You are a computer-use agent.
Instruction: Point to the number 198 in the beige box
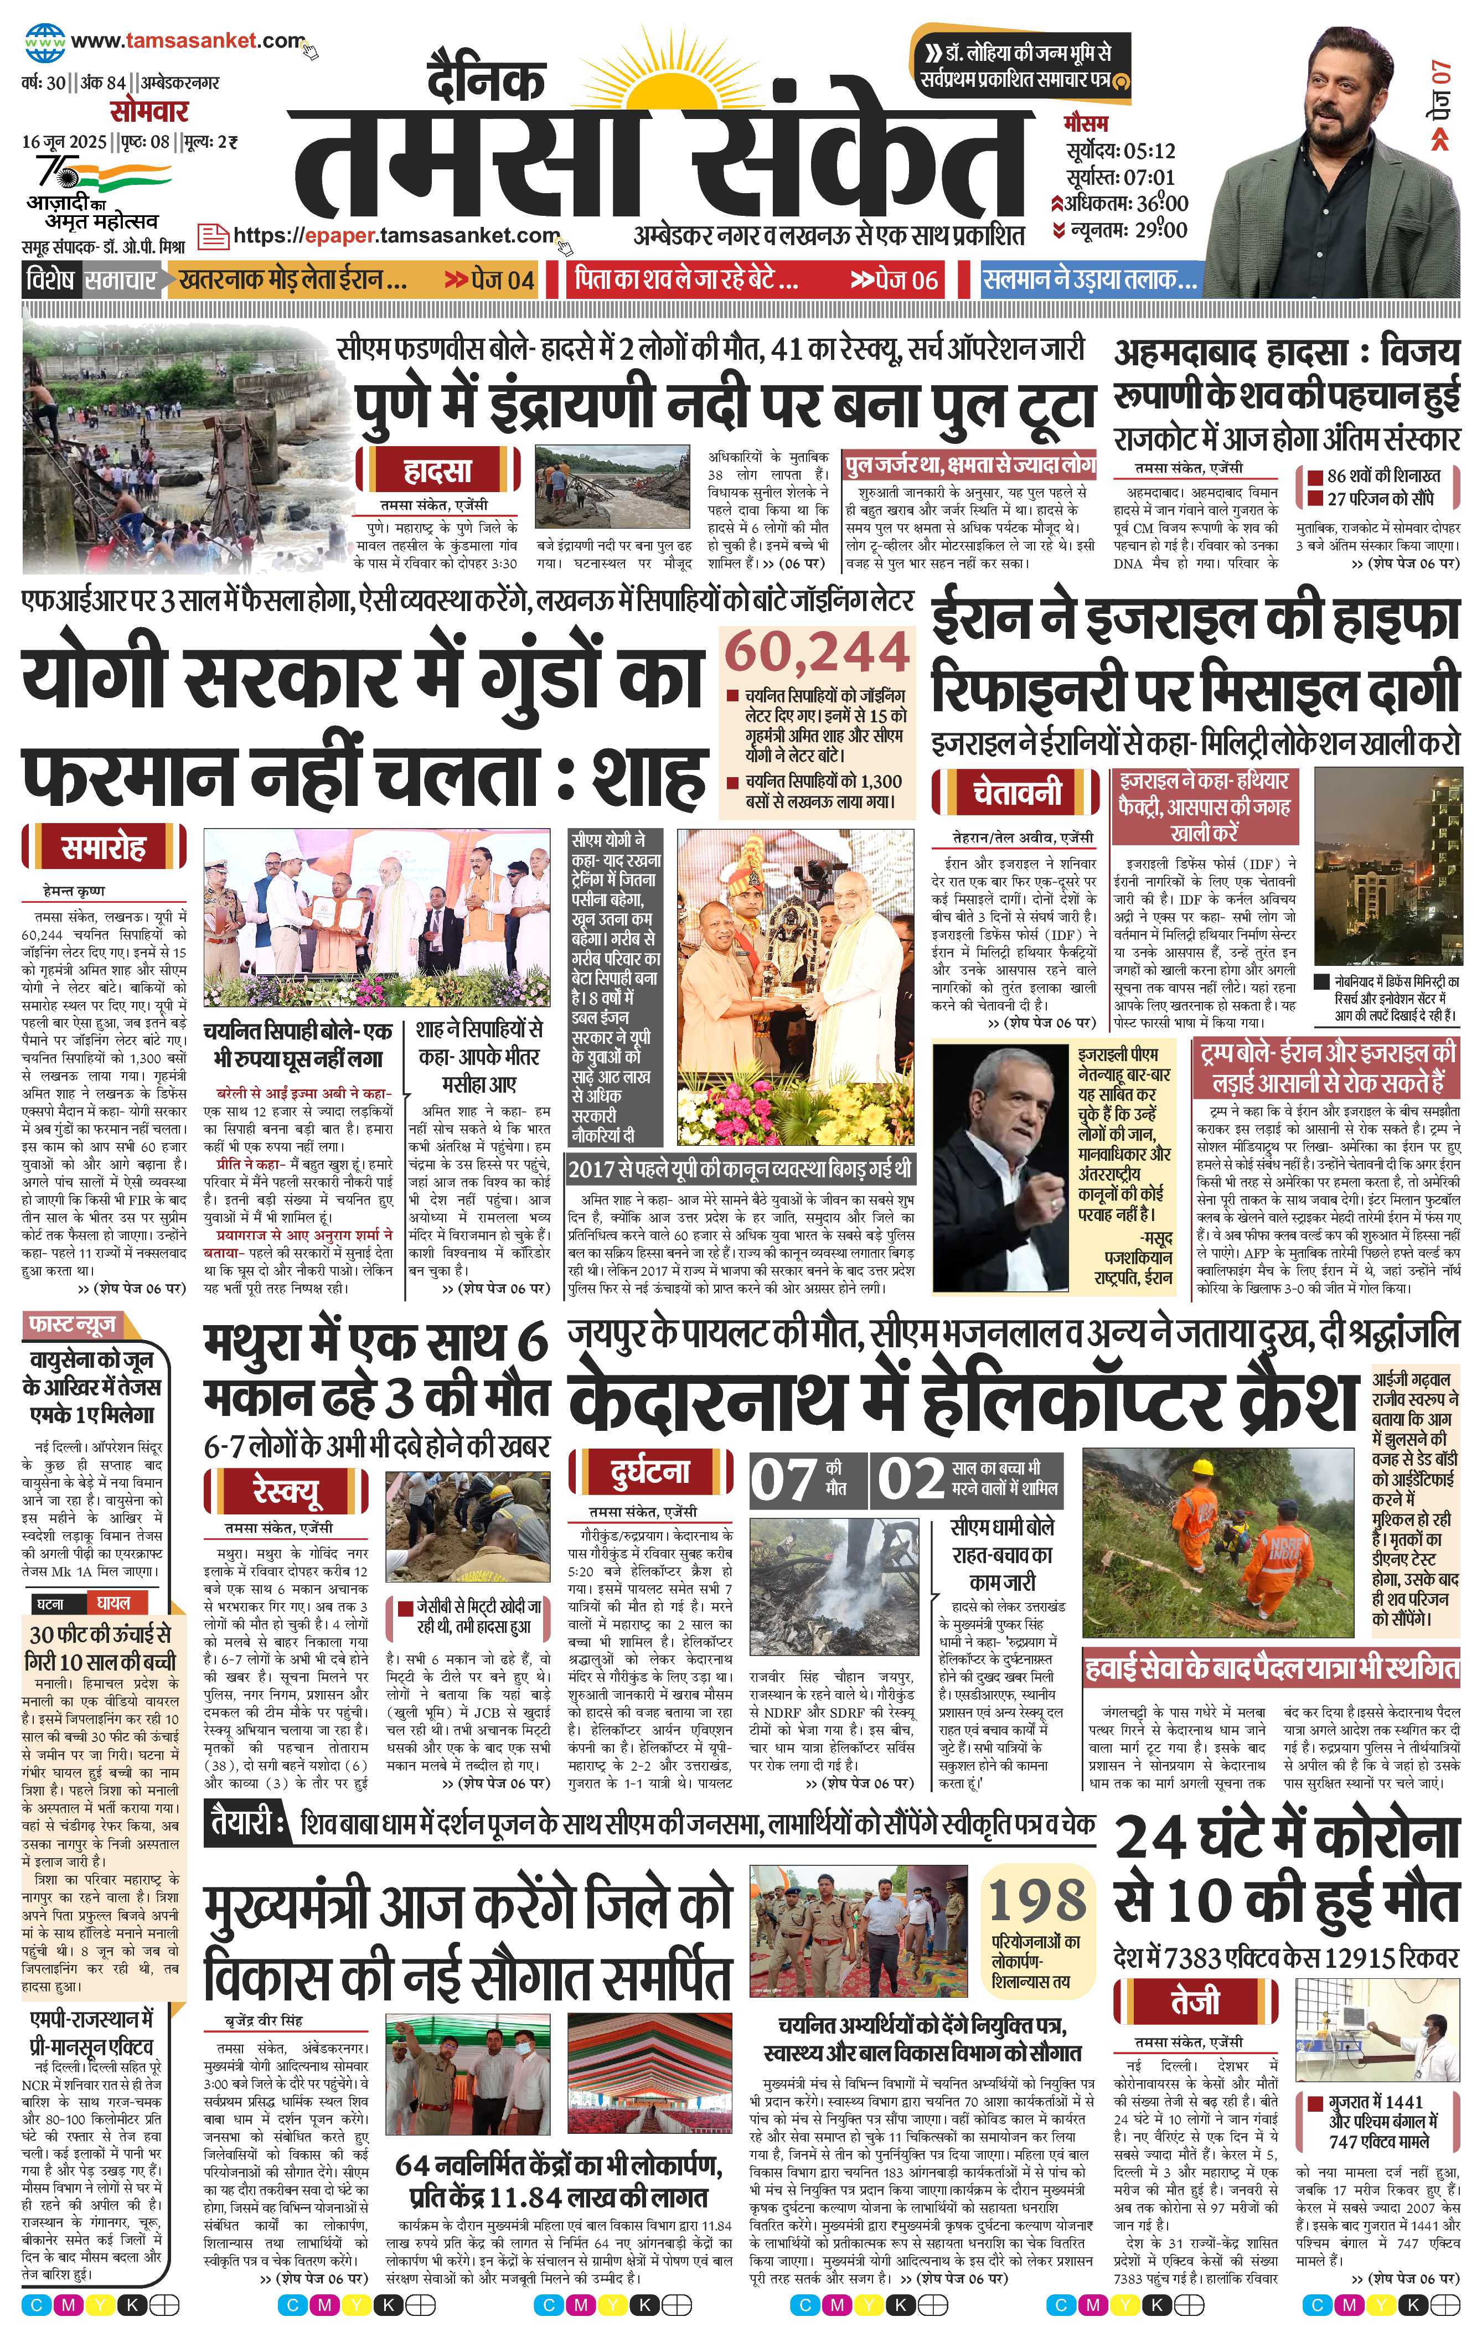click(x=1035, y=1901)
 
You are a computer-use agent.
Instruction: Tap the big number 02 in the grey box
click(x=911, y=1480)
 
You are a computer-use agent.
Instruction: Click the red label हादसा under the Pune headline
click(x=438, y=472)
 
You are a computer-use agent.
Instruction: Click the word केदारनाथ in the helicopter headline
click(x=722, y=1399)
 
